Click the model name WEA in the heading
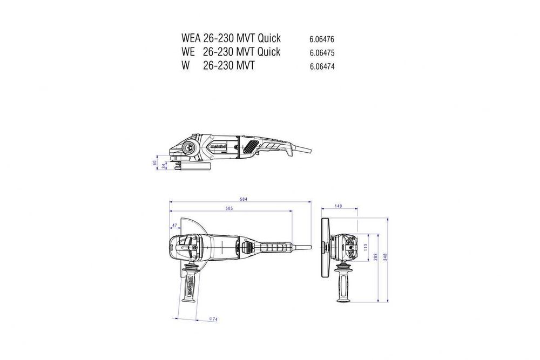(191, 39)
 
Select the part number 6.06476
(322, 40)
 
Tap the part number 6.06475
(322, 53)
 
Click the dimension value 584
(244, 200)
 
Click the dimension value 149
(339, 206)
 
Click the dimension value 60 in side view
(154, 162)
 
